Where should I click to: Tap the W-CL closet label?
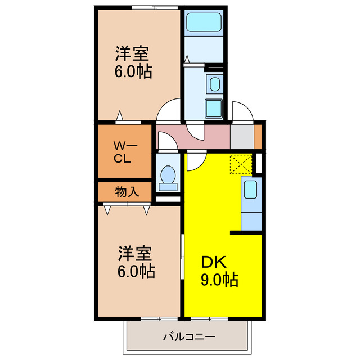tap(123, 151)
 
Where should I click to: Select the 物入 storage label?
tap(127, 192)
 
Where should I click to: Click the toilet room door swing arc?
tap(166, 141)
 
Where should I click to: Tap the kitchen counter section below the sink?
tap(251, 216)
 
